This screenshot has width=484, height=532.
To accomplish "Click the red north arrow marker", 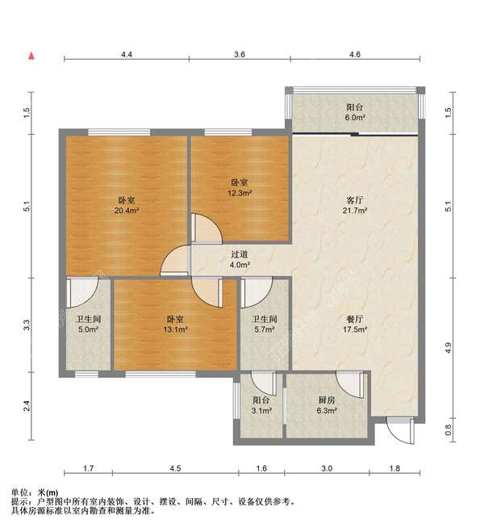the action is [x=31, y=56].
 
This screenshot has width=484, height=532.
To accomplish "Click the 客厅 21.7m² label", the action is [x=355, y=205].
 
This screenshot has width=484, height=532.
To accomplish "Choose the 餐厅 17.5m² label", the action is [x=355, y=324].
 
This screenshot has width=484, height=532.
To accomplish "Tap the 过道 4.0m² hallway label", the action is [x=240, y=259].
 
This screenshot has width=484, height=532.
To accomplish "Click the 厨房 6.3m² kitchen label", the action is [x=327, y=405].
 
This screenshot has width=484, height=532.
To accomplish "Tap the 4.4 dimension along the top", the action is [x=127, y=54].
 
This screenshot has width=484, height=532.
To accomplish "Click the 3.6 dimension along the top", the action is [x=240, y=54].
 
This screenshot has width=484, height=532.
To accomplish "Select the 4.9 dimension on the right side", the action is [x=448, y=348].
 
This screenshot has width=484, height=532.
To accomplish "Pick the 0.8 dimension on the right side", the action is [x=448, y=430].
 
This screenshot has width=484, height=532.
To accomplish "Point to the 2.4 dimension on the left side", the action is [x=27, y=406].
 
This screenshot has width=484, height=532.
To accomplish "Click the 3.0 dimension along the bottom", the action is [x=327, y=468].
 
